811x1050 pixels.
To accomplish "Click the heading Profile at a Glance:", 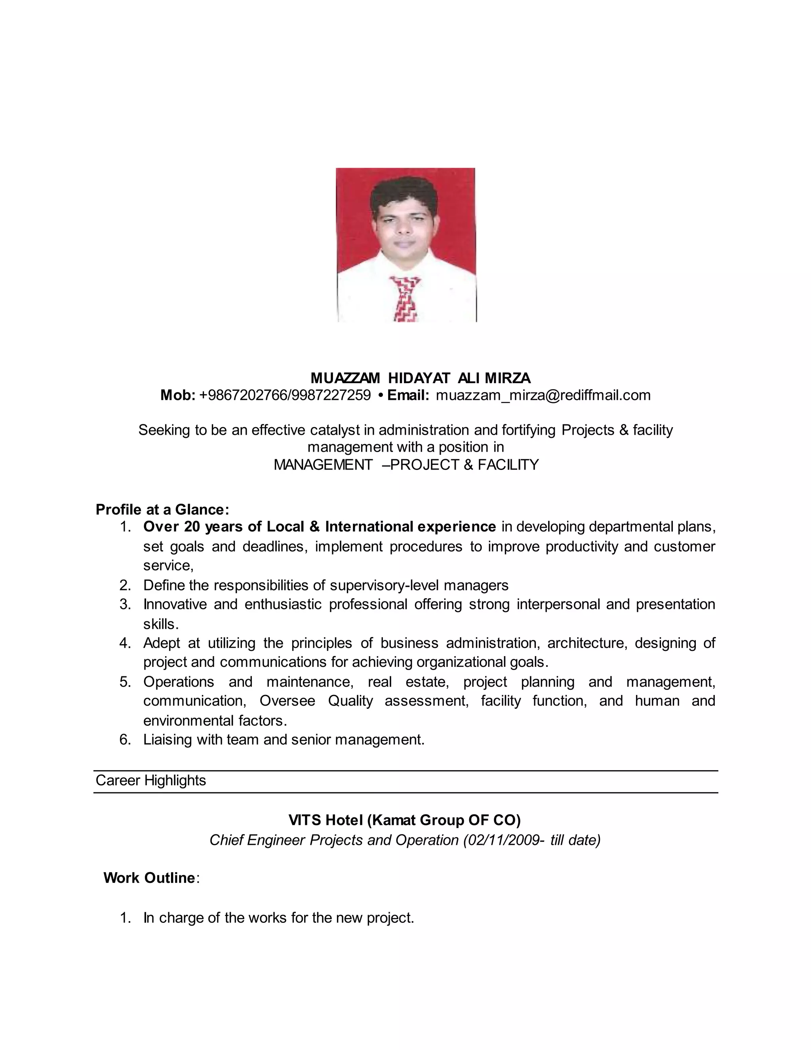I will pos(162,509).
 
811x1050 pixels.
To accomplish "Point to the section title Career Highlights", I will pos(150,780).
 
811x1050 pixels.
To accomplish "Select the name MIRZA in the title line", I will pos(507,378).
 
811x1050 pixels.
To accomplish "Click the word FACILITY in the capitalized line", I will pos(508,465).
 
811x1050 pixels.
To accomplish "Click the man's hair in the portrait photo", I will pos(405,192).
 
